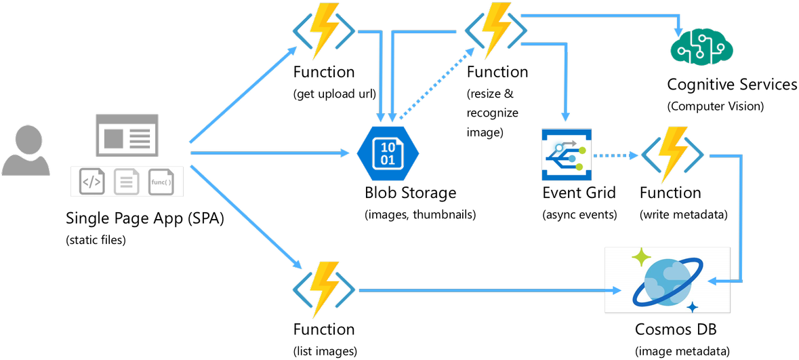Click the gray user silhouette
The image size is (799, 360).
click(26, 151)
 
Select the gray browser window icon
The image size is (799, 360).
click(127, 135)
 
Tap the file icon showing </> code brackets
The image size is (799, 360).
click(92, 182)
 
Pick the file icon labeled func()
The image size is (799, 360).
click(161, 182)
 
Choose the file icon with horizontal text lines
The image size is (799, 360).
click(127, 182)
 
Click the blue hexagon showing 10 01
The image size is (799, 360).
click(388, 154)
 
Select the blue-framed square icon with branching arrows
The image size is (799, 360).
click(567, 155)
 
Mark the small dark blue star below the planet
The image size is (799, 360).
click(692, 307)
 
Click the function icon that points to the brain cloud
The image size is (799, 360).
click(495, 31)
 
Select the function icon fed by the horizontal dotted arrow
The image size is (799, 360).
click(672, 155)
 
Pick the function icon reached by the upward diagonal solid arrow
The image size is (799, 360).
click(323, 31)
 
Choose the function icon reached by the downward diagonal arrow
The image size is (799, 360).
click(323, 290)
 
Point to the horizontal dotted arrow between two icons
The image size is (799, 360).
click(615, 155)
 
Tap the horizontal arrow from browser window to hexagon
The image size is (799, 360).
click(271, 153)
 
